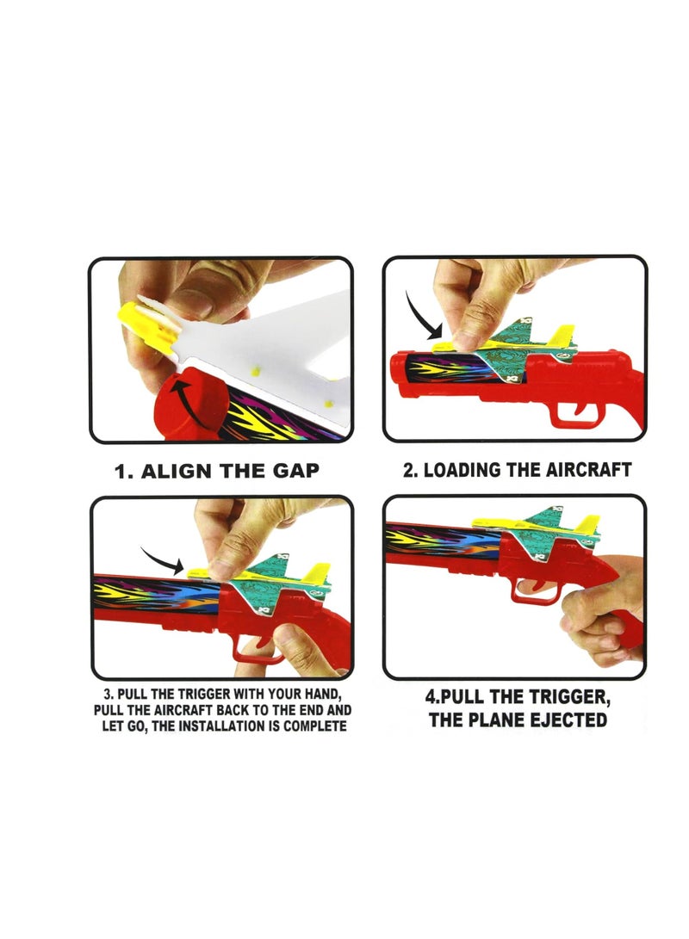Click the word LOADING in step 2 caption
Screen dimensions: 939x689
(x=467, y=470)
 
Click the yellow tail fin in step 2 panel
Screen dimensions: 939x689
(x=562, y=335)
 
